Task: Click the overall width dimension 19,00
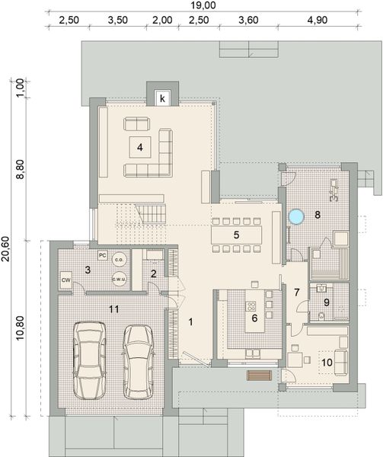pyautogui.click(x=203, y=5)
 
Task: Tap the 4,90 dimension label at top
pyautogui.click(x=318, y=20)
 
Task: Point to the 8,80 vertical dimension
pyautogui.click(x=21, y=170)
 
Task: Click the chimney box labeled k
pyautogui.click(x=162, y=98)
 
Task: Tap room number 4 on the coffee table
pyautogui.click(x=140, y=147)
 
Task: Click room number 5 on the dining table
pyautogui.click(x=236, y=235)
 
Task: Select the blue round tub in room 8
pyautogui.click(x=296, y=217)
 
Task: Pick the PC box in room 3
pyautogui.click(x=102, y=256)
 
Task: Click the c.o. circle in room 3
pyautogui.click(x=120, y=260)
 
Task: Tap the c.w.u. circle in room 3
pyautogui.click(x=120, y=280)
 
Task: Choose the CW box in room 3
pyautogui.click(x=66, y=280)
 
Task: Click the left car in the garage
pyautogui.click(x=89, y=360)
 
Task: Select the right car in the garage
pyautogui.click(x=138, y=362)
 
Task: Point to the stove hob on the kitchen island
pyautogui.click(x=251, y=306)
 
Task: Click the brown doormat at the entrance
pyautogui.click(x=259, y=375)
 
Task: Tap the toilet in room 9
pyautogui.click(x=322, y=316)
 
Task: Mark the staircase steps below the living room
pyautogui.click(x=151, y=213)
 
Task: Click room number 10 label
pyautogui.click(x=327, y=363)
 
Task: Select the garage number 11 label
pyautogui.click(x=114, y=308)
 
